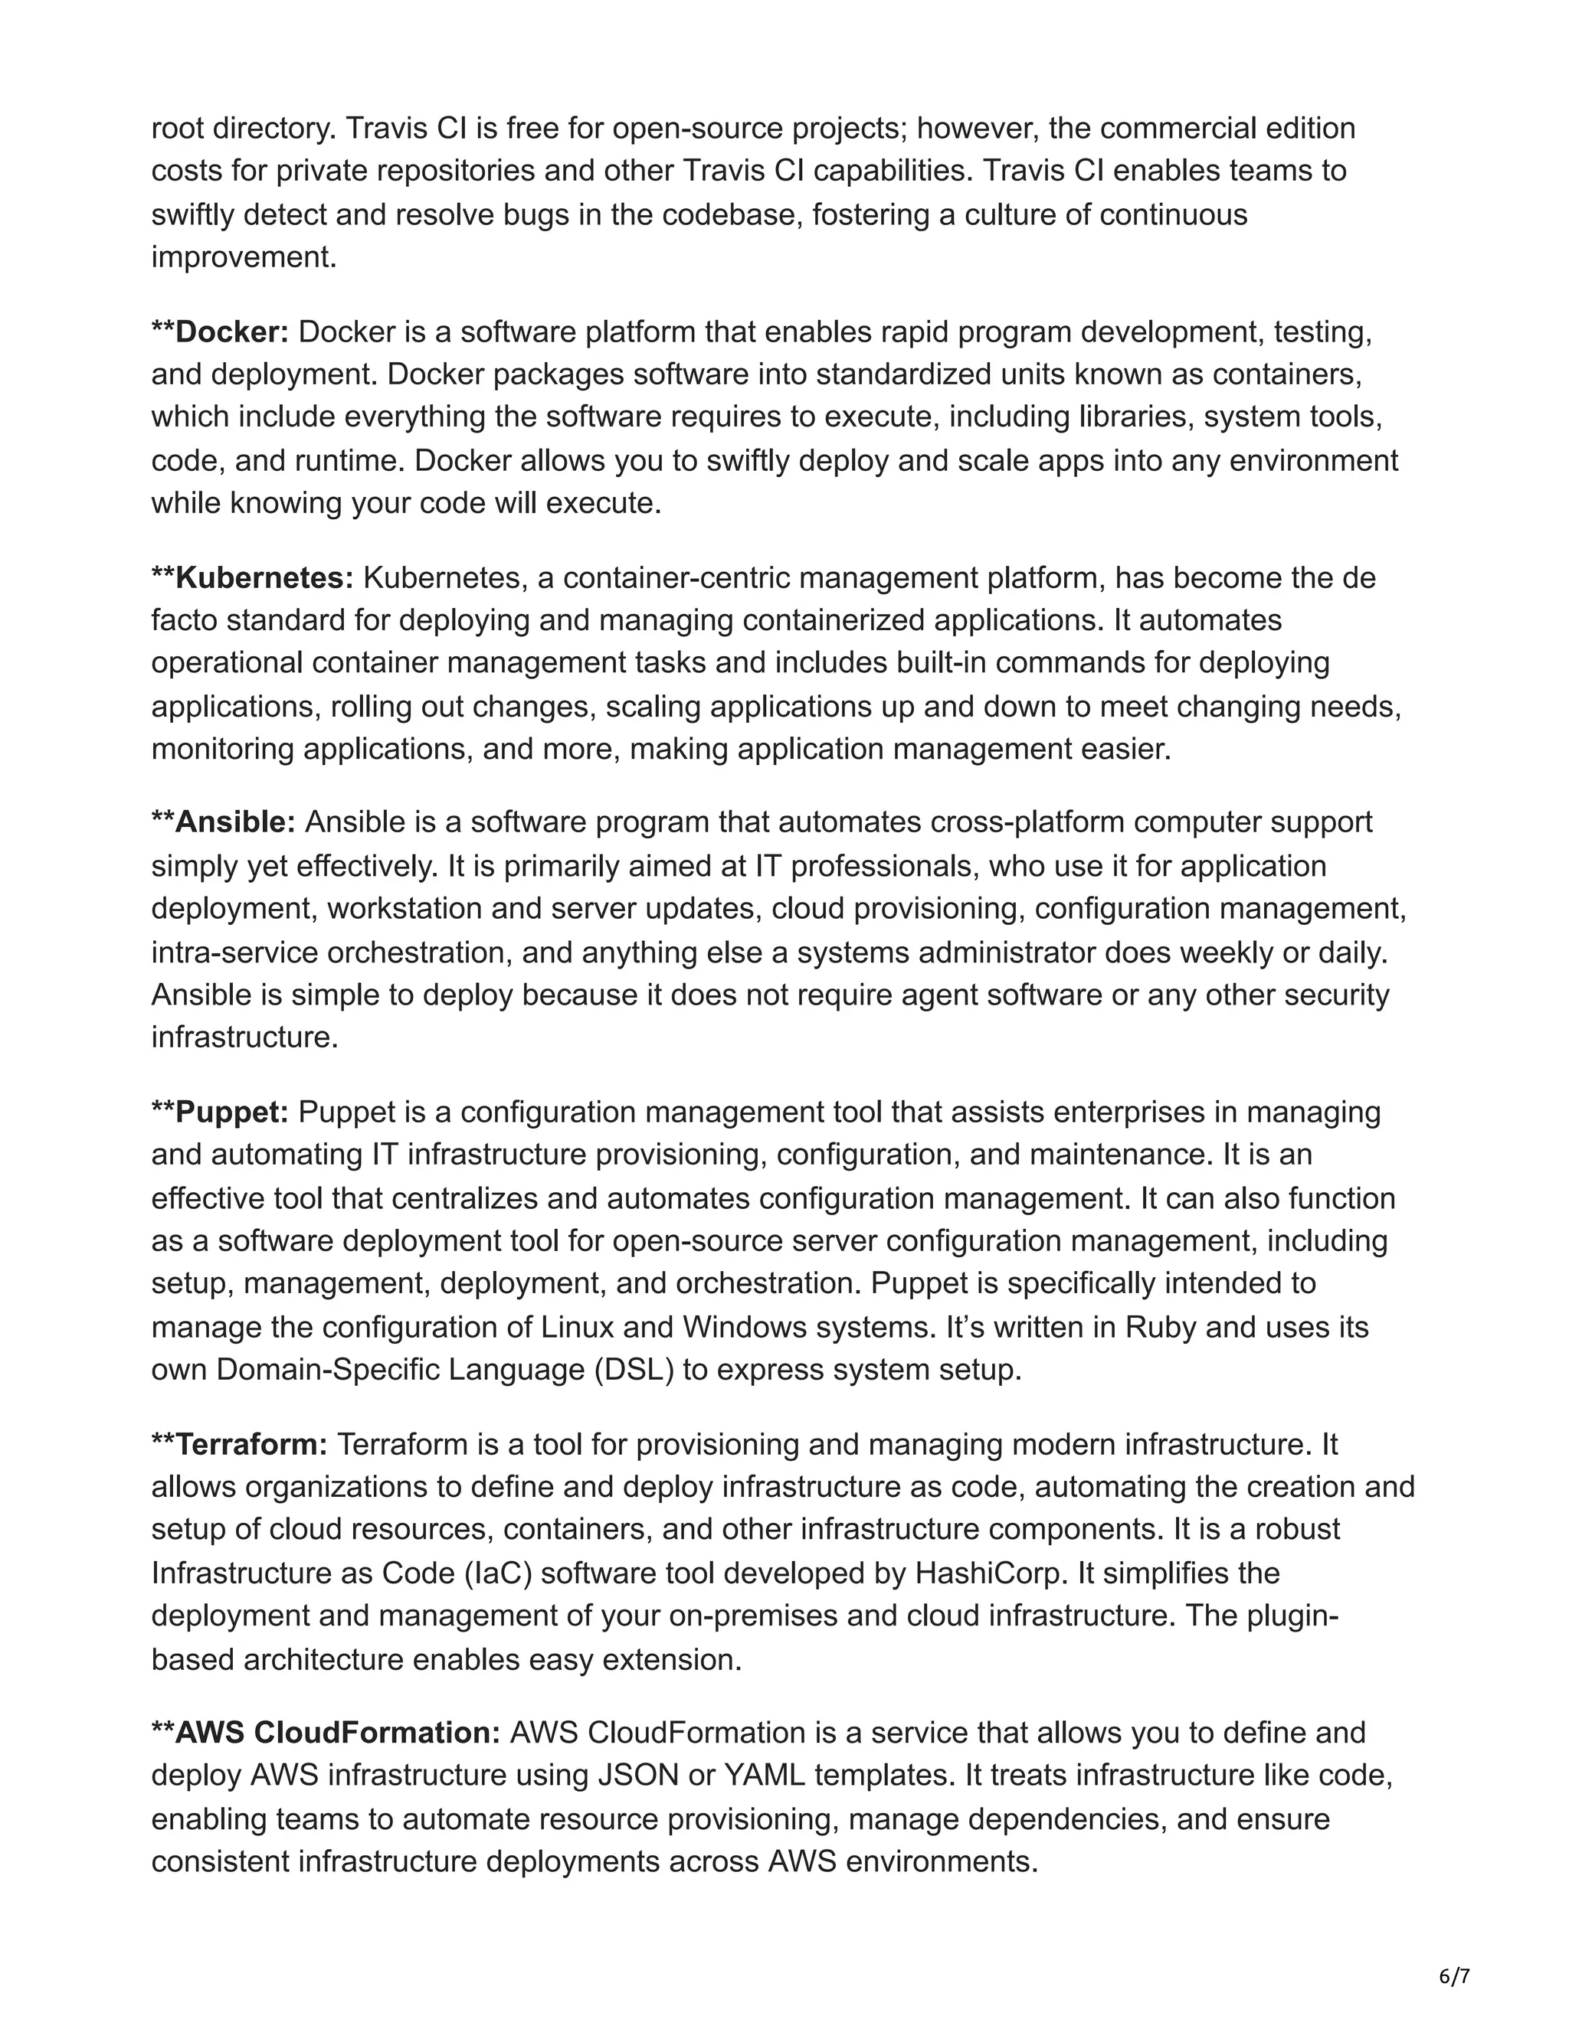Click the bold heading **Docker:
point(221,332)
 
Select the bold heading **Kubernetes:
point(253,578)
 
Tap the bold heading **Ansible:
point(223,822)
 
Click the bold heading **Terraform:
point(240,1445)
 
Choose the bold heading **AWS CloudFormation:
point(326,1733)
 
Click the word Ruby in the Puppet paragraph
point(1161,1327)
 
